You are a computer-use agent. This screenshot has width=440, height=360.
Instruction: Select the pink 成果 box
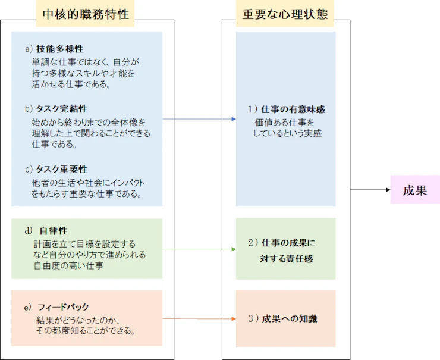pyautogui.click(x=414, y=190)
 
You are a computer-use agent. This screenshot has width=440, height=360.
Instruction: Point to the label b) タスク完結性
pyautogui.click(x=56, y=109)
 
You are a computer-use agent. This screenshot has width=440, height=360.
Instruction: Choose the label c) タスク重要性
pyautogui.click(x=56, y=170)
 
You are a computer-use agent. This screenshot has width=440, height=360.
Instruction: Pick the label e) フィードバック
pyautogui.click(x=56, y=307)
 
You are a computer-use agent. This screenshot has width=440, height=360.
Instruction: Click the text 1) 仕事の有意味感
pyautogui.click(x=286, y=109)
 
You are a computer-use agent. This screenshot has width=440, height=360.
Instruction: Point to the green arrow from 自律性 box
pyautogui.click(x=199, y=249)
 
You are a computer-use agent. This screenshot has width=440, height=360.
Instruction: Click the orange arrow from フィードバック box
pyautogui.click(x=199, y=319)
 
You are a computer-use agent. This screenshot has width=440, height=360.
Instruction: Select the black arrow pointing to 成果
pyautogui.click(x=370, y=190)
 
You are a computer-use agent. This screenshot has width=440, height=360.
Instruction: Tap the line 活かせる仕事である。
pyautogui.click(x=72, y=84)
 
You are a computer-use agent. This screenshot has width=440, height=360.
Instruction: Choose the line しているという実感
pyautogui.click(x=288, y=134)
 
